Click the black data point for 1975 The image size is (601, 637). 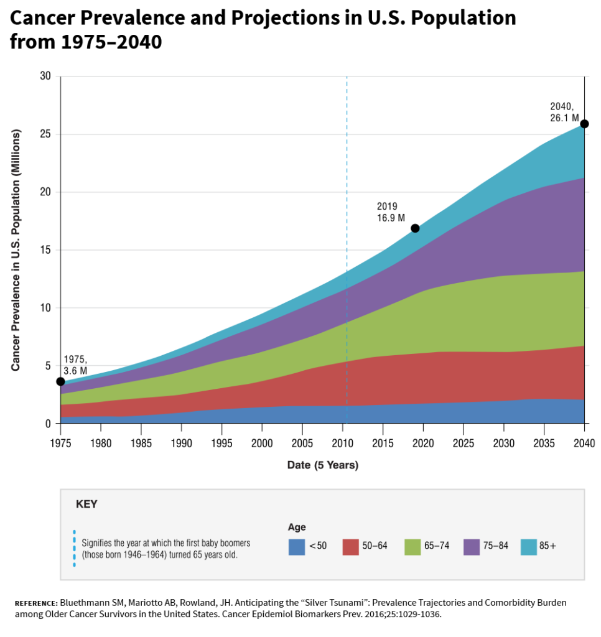click(x=60, y=381)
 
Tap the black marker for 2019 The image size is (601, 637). click(x=416, y=228)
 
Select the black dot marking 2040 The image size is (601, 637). click(x=584, y=124)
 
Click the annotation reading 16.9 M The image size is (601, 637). click(x=391, y=218)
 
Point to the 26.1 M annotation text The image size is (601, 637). click(x=564, y=117)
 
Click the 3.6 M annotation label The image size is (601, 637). click(x=75, y=371)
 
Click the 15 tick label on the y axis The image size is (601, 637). click(x=45, y=250)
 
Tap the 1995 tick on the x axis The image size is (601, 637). click(x=221, y=443)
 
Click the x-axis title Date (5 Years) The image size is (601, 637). click(x=322, y=465)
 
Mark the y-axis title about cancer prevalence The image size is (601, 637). click(x=16, y=250)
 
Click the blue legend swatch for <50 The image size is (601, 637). click(x=297, y=546)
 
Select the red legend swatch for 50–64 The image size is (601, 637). click(x=351, y=546)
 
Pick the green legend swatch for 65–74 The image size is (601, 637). click(x=412, y=546)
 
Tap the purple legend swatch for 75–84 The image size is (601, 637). click(x=472, y=546)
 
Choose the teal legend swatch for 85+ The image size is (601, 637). click(x=528, y=546)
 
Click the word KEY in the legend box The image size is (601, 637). click(x=86, y=504)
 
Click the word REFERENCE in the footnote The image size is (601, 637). click(x=35, y=603)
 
